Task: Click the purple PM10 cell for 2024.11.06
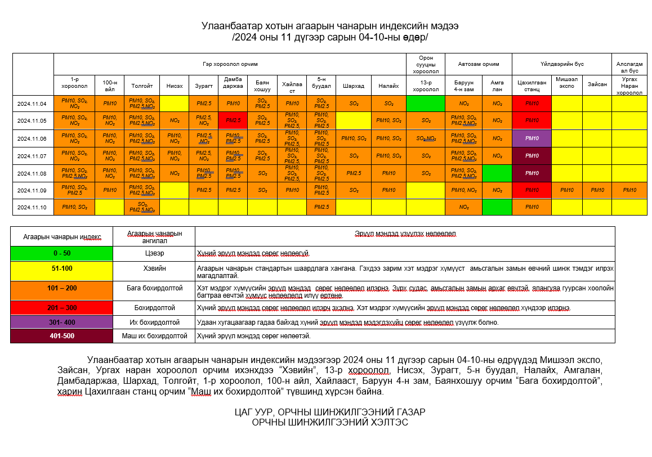coord(532,138)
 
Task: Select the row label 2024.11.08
coord(33,173)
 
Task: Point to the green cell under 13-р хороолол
coord(426,104)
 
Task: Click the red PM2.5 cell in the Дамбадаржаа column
coord(233,120)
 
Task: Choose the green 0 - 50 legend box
coord(62,253)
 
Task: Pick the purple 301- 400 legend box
coord(62,322)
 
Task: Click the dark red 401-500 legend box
coord(62,336)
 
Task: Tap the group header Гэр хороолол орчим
coord(230,64)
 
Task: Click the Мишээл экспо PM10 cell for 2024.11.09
coord(566,190)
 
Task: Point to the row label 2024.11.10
coord(33,207)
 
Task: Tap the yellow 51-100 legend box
coord(62,268)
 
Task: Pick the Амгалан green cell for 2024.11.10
coord(497,207)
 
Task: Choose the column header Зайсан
coord(597,84)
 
